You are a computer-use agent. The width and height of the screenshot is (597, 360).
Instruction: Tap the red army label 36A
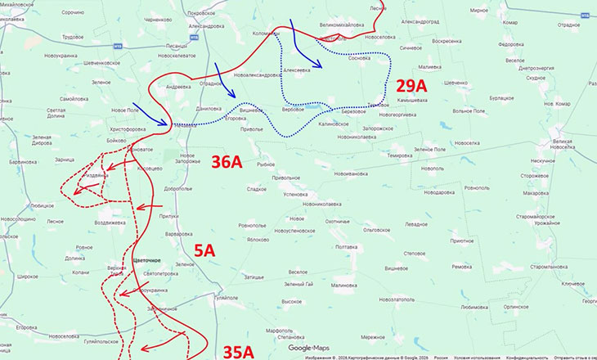point(226,162)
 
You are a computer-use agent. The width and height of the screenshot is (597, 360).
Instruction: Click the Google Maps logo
point(307,348)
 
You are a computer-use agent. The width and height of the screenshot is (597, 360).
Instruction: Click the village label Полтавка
point(347,246)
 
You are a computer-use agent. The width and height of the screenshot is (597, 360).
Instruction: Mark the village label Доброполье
point(177,188)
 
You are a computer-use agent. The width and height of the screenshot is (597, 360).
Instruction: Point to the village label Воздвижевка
point(110,222)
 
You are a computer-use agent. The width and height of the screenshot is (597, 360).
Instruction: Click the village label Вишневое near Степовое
point(397,268)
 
